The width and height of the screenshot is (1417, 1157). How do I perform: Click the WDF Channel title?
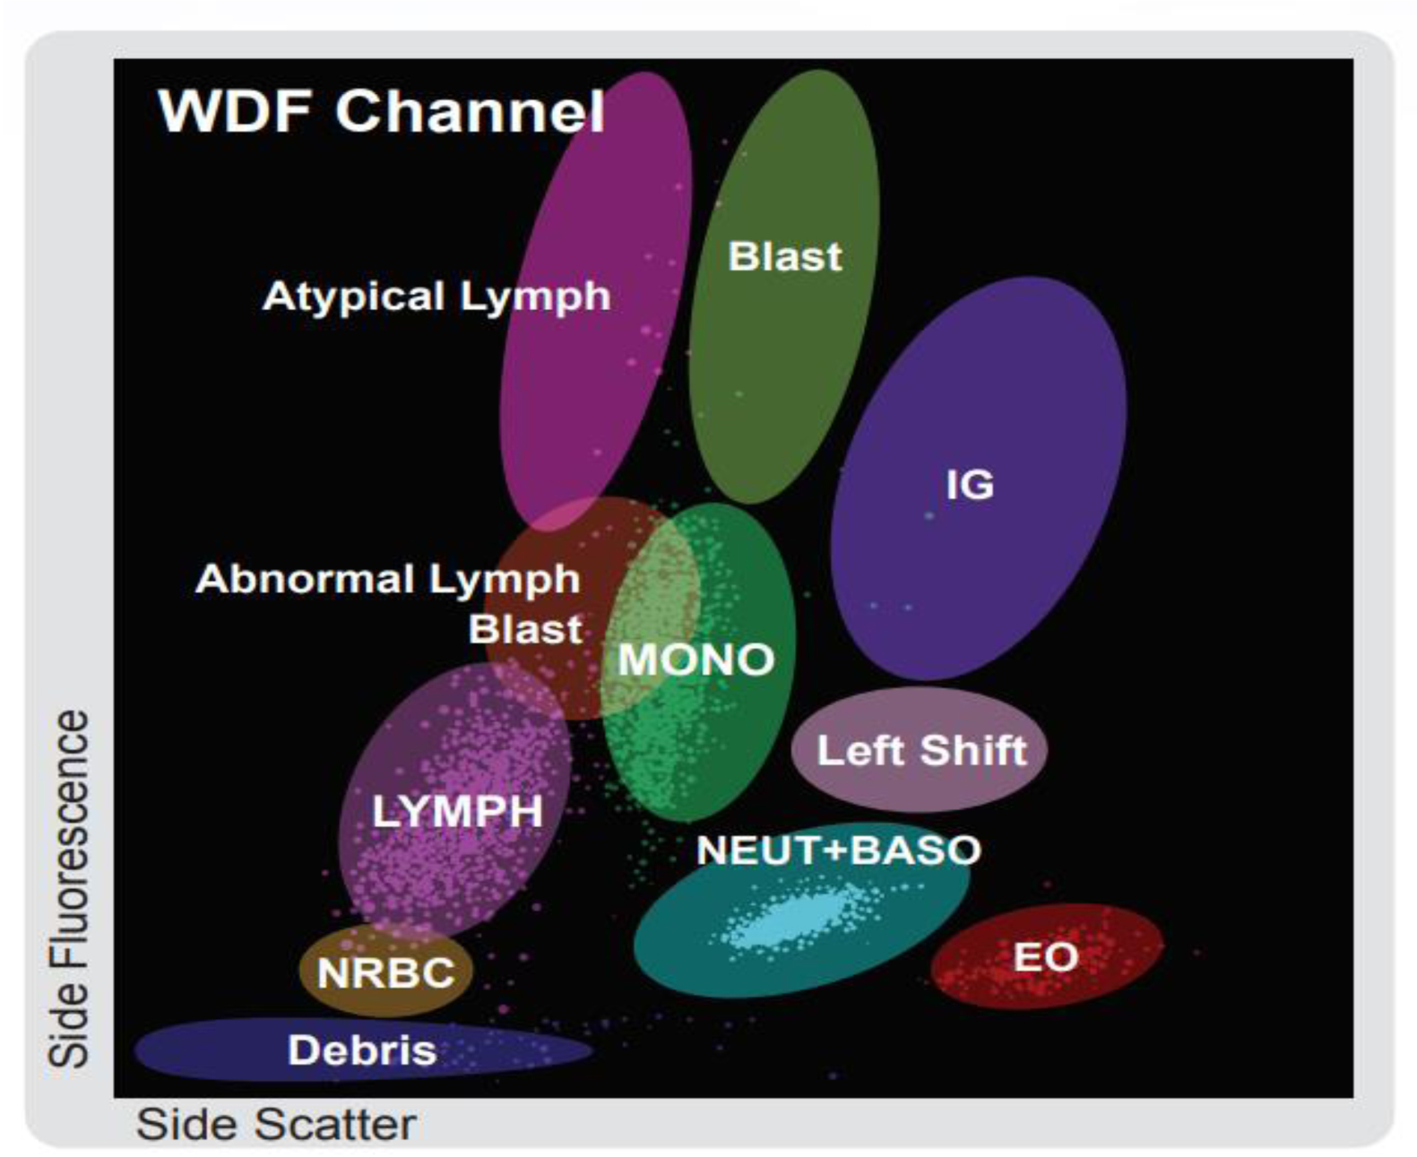381,111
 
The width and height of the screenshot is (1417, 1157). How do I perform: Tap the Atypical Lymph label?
436,296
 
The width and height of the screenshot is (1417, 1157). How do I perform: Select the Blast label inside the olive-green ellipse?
784,256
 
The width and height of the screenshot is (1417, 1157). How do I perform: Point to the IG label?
970,485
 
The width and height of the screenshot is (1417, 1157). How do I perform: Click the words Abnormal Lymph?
388,579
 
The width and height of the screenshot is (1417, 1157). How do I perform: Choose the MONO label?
696,660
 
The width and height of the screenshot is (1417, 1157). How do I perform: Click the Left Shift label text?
921,750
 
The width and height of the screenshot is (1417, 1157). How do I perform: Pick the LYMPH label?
457,812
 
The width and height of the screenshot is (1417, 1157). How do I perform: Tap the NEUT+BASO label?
838,850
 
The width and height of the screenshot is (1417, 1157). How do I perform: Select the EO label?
1045,957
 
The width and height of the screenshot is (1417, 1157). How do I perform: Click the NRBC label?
386,972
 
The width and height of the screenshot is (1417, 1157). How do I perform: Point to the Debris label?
362,1050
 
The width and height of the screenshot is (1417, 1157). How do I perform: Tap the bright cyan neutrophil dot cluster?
789,919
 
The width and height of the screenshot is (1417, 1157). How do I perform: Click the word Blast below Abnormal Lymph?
525,629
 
